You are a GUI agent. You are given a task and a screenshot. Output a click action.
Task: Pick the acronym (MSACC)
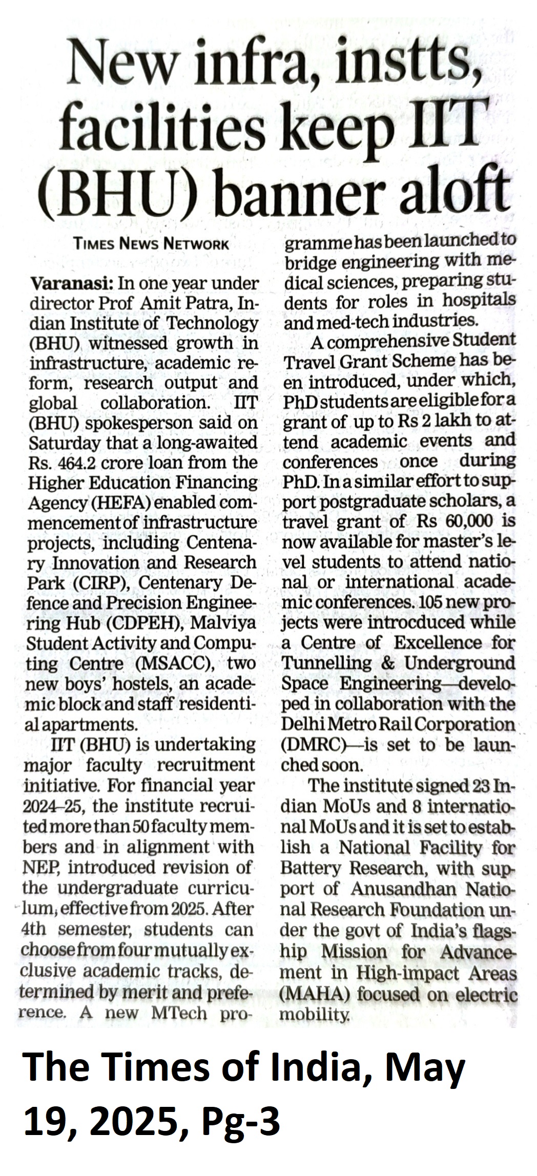click(173, 664)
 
